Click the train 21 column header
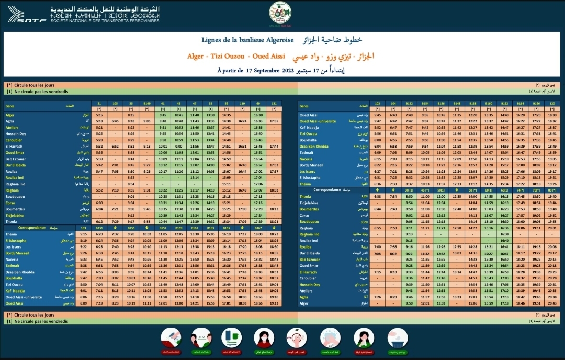[99, 104]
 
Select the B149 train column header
[147, 104]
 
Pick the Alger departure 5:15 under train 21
[99, 115]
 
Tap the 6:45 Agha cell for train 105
[115, 120]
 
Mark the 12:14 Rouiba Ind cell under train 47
[195, 177]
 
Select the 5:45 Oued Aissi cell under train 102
[378, 115]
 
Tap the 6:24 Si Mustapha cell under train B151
[115, 240]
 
